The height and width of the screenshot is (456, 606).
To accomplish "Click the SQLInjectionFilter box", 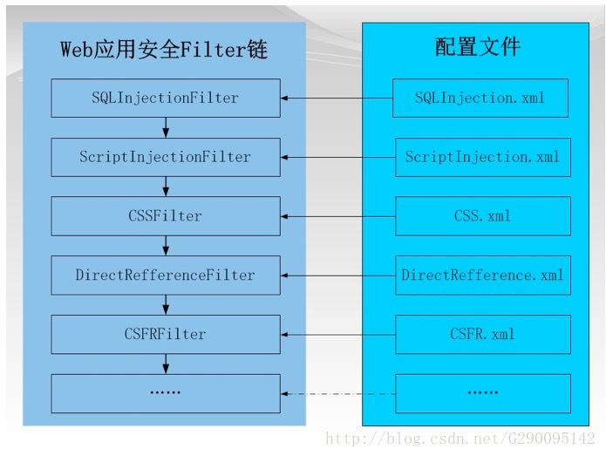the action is (x=166, y=99).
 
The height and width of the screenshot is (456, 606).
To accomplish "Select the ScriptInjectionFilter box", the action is (x=166, y=157).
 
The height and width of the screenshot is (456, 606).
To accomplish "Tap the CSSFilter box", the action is (x=166, y=216).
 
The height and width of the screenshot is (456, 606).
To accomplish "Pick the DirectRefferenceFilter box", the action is (x=166, y=276).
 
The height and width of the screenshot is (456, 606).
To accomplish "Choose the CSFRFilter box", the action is (x=166, y=334).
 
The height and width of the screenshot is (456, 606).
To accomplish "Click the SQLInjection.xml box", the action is (x=480, y=99).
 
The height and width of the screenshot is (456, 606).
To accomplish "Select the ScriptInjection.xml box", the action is (x=483, y=157).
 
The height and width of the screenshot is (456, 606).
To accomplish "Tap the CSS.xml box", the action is (x=483, y=216).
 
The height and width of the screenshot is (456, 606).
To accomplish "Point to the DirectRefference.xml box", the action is (x=483, y=276).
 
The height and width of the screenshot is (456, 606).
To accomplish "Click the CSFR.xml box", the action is (x=483, y=334).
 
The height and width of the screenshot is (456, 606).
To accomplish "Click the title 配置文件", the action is (x=478, y=47).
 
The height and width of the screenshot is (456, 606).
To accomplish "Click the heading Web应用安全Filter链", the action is (x=164, y=50).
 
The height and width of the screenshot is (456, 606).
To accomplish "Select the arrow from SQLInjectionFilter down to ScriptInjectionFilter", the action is (x=166, y=127).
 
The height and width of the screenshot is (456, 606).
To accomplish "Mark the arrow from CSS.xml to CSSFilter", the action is (x=338, y=216).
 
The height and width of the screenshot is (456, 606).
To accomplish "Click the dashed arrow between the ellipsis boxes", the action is (x=338, y=394).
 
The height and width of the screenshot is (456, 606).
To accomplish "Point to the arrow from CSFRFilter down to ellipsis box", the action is (x=166, y=364).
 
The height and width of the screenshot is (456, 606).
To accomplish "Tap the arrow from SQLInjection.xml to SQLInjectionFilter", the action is (x=337, y=99).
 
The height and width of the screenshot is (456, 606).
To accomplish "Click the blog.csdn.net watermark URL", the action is (x=460, y=439).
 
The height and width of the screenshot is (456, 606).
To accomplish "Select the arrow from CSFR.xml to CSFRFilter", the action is (x=338, y=335).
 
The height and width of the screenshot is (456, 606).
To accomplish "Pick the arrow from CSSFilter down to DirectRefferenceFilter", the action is (x=166, y=246).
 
